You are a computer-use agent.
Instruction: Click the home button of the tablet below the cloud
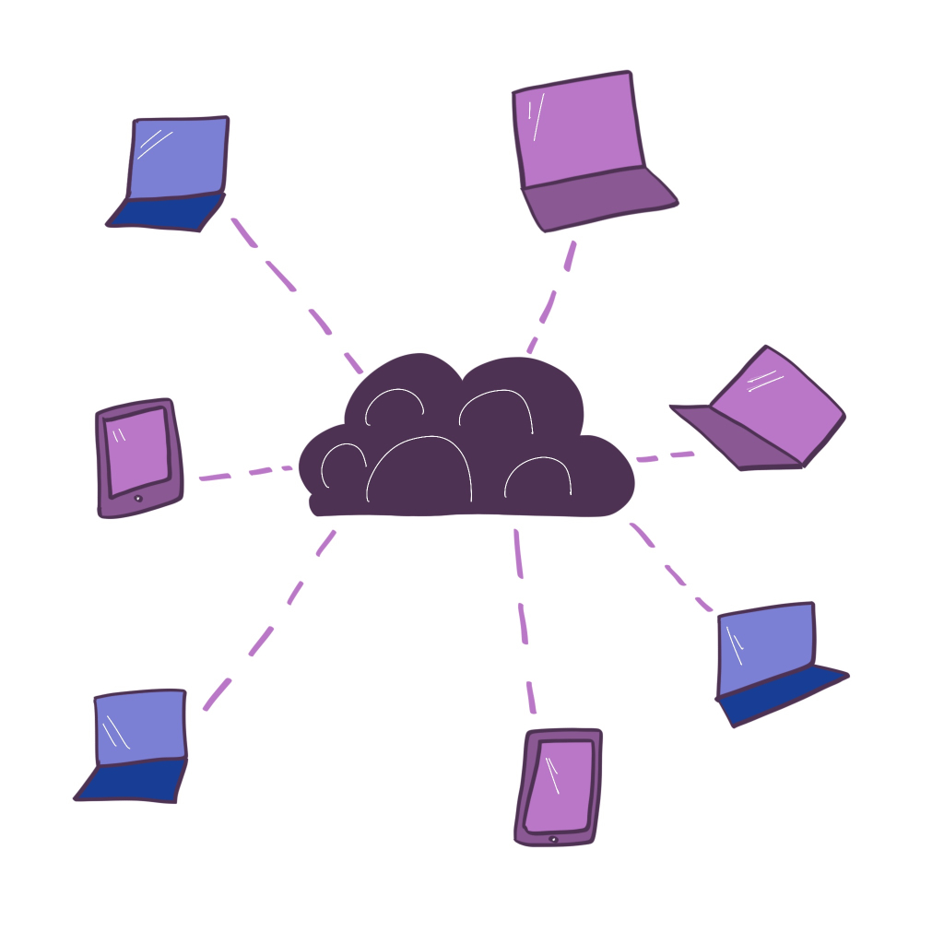click(x=553, y=839)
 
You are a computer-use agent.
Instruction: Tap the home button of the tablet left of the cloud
click(x=138, y=499)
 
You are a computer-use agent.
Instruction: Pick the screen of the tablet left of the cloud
click(x=136, y=449)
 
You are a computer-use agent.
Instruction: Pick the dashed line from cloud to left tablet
click(x=244, y=473)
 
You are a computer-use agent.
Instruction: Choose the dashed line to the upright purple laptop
click(x=553, y=295)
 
